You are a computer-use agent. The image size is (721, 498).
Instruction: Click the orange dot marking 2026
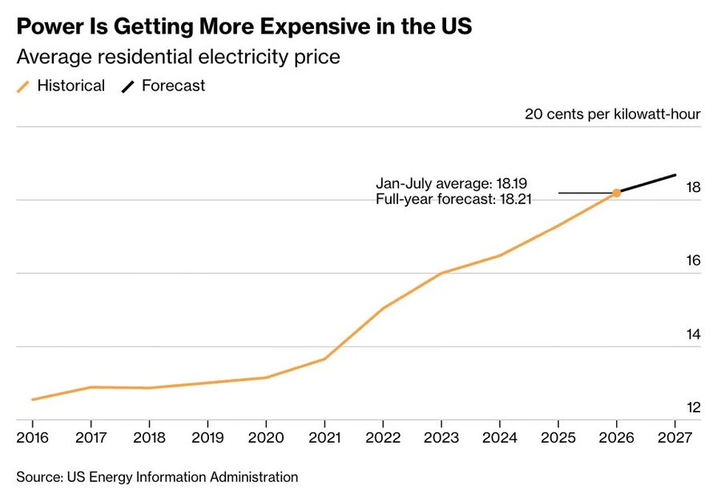click(616, 193)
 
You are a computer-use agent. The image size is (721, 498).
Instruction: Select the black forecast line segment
click(646, 184)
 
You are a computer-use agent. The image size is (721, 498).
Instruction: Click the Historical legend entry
click(61, 86)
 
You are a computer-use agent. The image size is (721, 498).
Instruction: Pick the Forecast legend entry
click(163, 86)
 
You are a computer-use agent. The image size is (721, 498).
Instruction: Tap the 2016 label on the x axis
click(33, 437)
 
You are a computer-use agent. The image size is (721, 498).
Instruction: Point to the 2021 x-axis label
click(324, 437)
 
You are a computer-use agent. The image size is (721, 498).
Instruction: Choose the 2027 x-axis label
click(675, 437)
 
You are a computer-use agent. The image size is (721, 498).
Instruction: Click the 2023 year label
click(441, 437)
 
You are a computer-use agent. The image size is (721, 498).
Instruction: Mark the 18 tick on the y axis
click(694, 187)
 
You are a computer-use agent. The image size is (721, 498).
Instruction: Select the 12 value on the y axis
click(694, 408)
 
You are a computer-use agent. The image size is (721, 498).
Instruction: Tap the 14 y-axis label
click(694, 335)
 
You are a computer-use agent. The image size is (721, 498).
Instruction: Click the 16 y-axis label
click(694, 260)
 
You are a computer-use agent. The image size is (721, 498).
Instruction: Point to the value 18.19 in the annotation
click(512, 183)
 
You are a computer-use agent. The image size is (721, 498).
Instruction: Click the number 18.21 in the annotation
click(516, 199)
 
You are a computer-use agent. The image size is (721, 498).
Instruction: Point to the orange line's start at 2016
click(33, 400)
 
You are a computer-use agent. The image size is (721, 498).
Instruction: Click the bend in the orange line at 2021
click(324, 359)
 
